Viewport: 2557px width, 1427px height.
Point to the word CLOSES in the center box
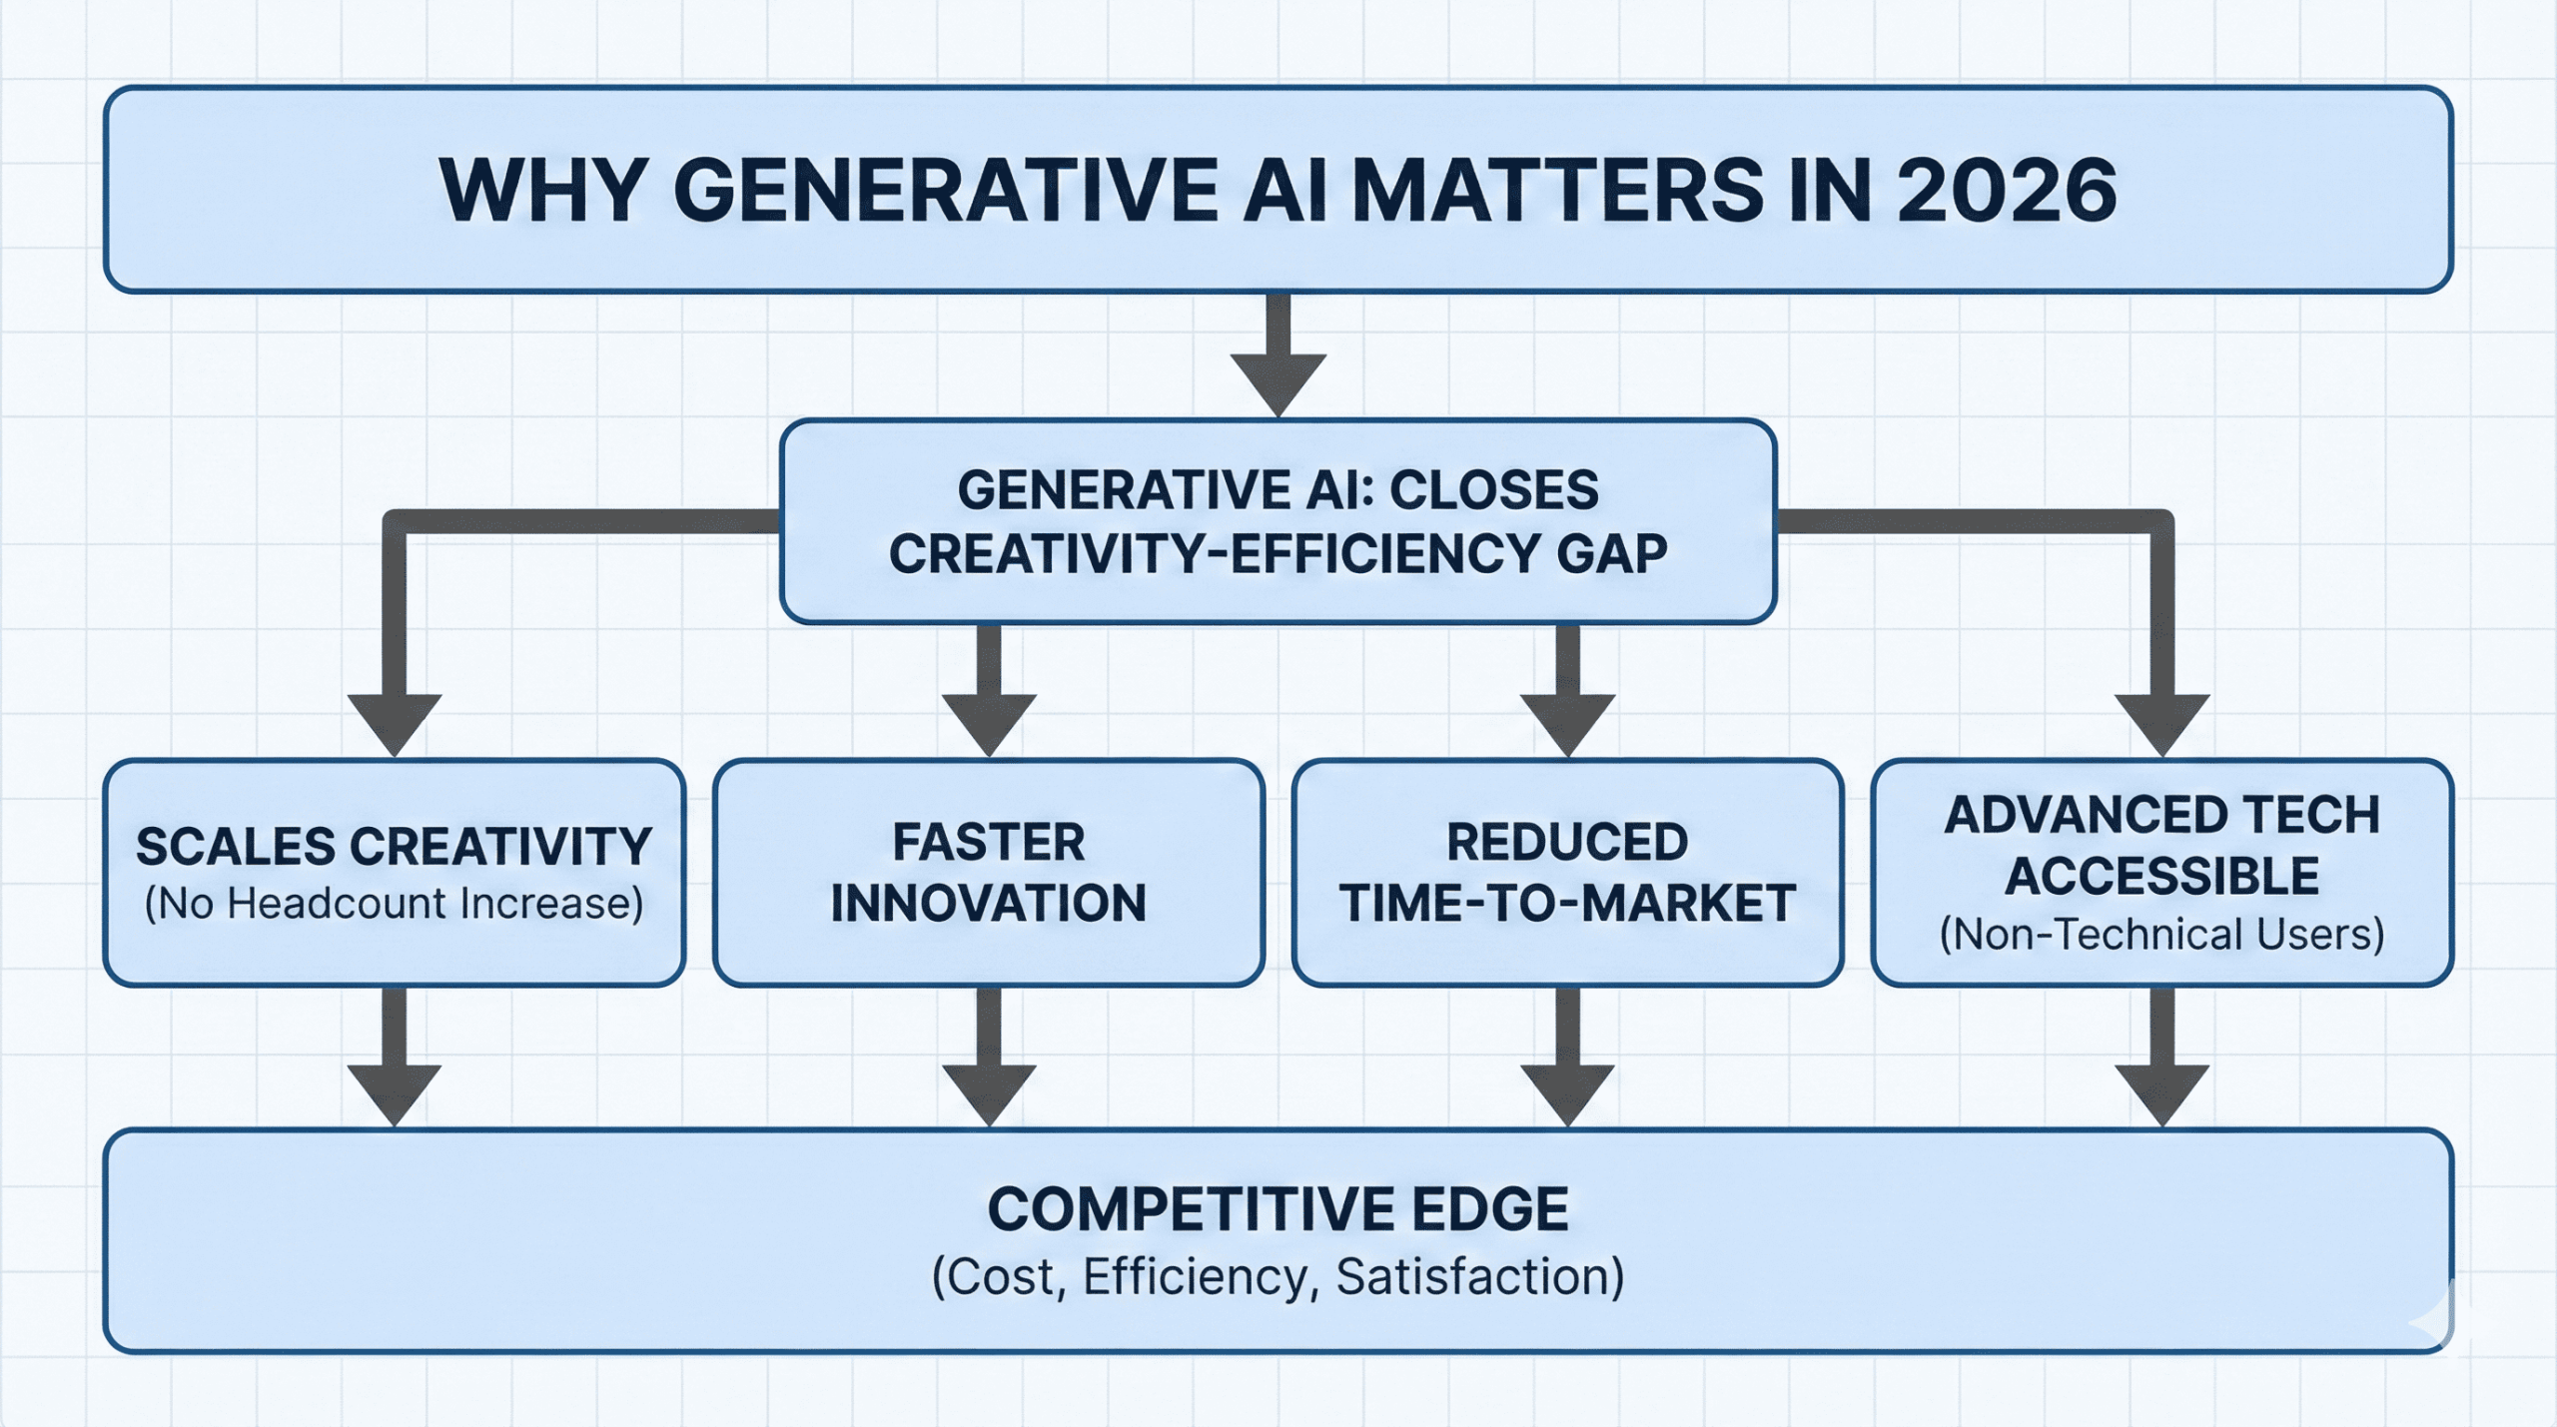click(x=1494, y=490)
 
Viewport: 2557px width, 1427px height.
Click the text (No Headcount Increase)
click(x=394, y=904)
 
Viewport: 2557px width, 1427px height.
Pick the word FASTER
click(x=988, y=842)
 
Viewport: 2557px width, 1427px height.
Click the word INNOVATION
click(x=988, y=904)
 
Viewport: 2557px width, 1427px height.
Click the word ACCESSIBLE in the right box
click(x=2161, y=877)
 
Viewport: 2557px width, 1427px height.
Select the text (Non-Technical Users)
click(x=2161, y=935)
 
